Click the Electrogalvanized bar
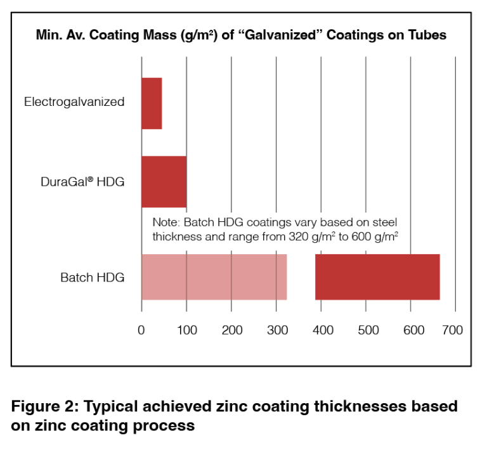pos(152,103)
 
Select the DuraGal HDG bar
pos(164,181)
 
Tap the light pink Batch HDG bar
pos(214,277)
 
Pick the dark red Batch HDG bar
pos(377,277)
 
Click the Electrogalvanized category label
pos(74,101)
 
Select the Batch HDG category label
pos(93,278)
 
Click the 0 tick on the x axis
pos(141,330)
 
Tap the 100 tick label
pos(186,330)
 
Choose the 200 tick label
pos(232,330)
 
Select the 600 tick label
pos(412,330)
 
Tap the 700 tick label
pos(453,330)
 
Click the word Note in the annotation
pos(166,222)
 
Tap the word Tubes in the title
pos(428,35)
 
